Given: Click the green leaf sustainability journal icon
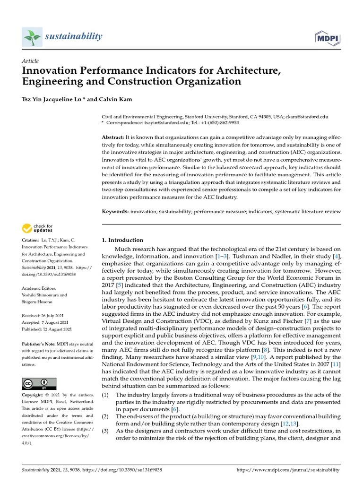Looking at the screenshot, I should [32, 37].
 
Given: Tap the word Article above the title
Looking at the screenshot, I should [30, 61].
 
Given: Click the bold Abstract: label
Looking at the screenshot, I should [113, 137].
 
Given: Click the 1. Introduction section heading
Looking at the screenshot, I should [122, 240].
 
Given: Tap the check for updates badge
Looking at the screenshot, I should [38, 229].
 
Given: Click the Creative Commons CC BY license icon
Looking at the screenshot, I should [39, 384].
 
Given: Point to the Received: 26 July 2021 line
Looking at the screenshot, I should [45, 315].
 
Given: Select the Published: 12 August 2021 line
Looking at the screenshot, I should [47, 329].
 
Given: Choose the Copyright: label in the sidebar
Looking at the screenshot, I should [33, 395].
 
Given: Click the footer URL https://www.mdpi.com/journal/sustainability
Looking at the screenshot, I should [287, 470].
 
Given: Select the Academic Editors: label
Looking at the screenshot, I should [39, 288].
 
